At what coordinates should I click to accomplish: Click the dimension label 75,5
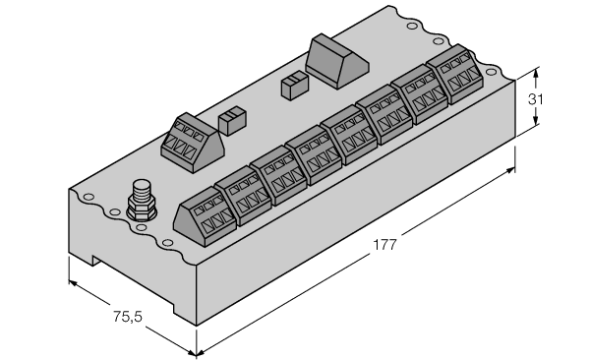128,317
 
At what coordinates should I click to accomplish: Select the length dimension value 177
384,245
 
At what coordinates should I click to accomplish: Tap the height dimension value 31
536,99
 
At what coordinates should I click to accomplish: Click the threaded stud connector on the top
142,201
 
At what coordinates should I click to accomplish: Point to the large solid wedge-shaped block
336,61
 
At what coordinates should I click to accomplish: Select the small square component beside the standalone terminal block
232,121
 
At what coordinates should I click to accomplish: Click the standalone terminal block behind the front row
193,143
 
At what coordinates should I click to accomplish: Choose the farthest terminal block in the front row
455,74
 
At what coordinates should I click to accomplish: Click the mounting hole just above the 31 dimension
491,72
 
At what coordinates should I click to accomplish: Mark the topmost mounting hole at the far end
412,26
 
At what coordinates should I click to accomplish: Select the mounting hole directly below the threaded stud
141,227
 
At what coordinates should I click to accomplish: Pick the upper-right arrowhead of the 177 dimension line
509,171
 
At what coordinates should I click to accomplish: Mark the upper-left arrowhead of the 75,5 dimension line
74,283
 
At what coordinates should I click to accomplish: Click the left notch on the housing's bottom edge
96,260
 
